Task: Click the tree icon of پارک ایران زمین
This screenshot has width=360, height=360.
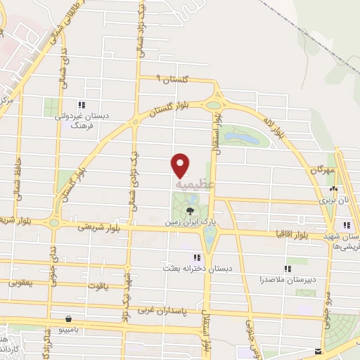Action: point(189,210)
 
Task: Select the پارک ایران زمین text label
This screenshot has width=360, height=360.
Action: point(189,221)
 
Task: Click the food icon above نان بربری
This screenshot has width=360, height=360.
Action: point(333,188)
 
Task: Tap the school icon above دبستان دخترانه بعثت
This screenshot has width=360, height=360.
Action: point(196,257)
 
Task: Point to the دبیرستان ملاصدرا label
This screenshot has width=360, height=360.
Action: point(290,280)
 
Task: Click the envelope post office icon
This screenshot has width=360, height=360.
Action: point(319,351)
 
